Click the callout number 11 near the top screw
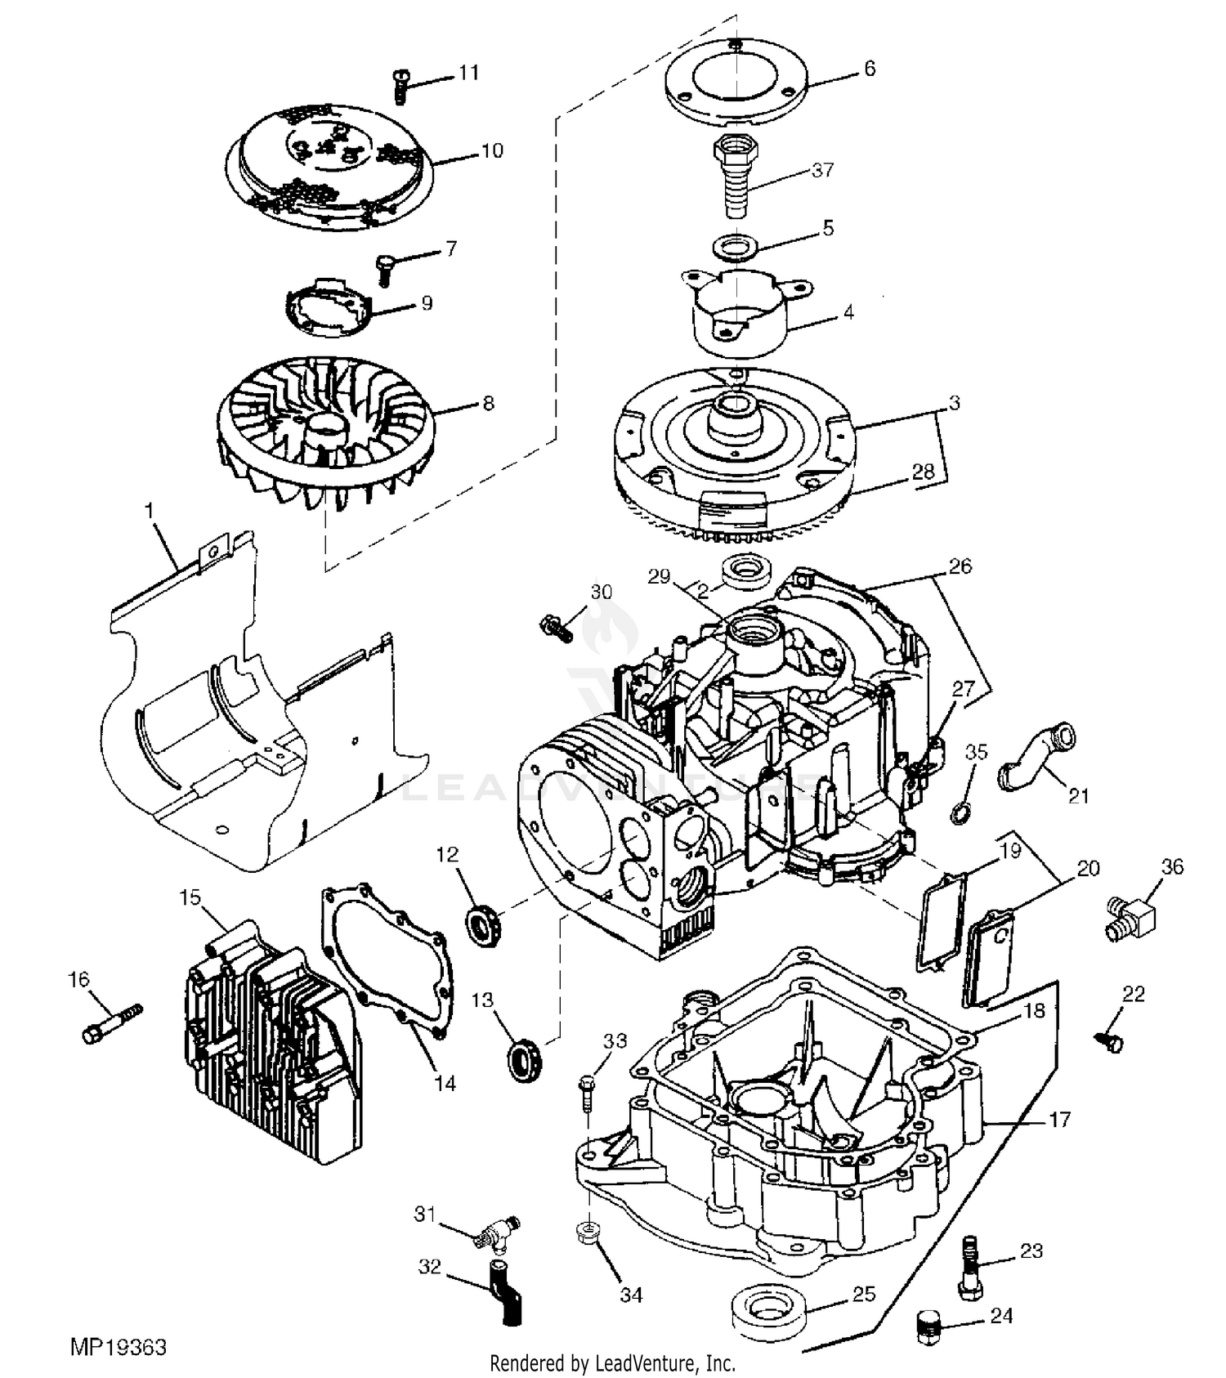[x=468, y=73]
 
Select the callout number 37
[x=822, y=170]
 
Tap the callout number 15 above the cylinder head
[x=190, y=897]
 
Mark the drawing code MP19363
[x=119, y=1346]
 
